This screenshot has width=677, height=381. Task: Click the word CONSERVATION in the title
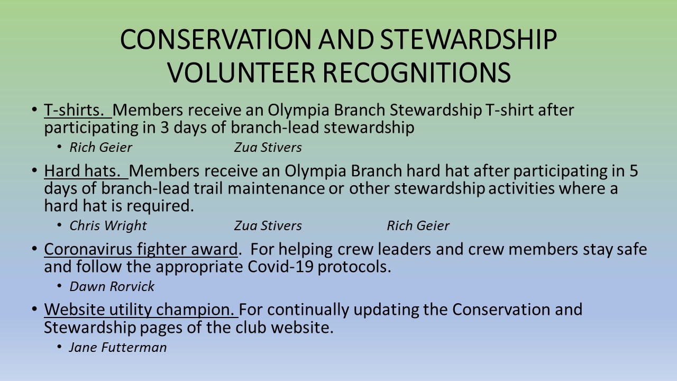tap(215, 39)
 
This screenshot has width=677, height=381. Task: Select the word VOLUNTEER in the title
tap(242, 72)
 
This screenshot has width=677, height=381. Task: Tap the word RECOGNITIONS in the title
tap(417, 72)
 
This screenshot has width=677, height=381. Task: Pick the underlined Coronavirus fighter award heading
tap(141, 249)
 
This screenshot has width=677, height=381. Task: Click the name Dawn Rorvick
tap(112, 286)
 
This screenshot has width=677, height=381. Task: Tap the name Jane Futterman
tap(118, 347)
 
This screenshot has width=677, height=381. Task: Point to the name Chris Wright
tap(108, 225)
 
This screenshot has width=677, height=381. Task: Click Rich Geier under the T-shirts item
tap(100, 147)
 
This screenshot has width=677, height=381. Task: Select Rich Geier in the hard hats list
tap(418, 225)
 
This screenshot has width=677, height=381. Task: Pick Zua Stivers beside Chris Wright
tap(268, 225)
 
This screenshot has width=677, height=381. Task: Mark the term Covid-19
tap(280, 267)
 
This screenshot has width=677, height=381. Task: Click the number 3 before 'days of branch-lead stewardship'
tap(164, 128)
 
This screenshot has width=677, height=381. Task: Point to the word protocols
tap(354, 267)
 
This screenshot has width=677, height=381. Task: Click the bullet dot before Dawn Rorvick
tap(59, 286)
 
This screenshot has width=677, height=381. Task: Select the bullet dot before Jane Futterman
tap(59, 347)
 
